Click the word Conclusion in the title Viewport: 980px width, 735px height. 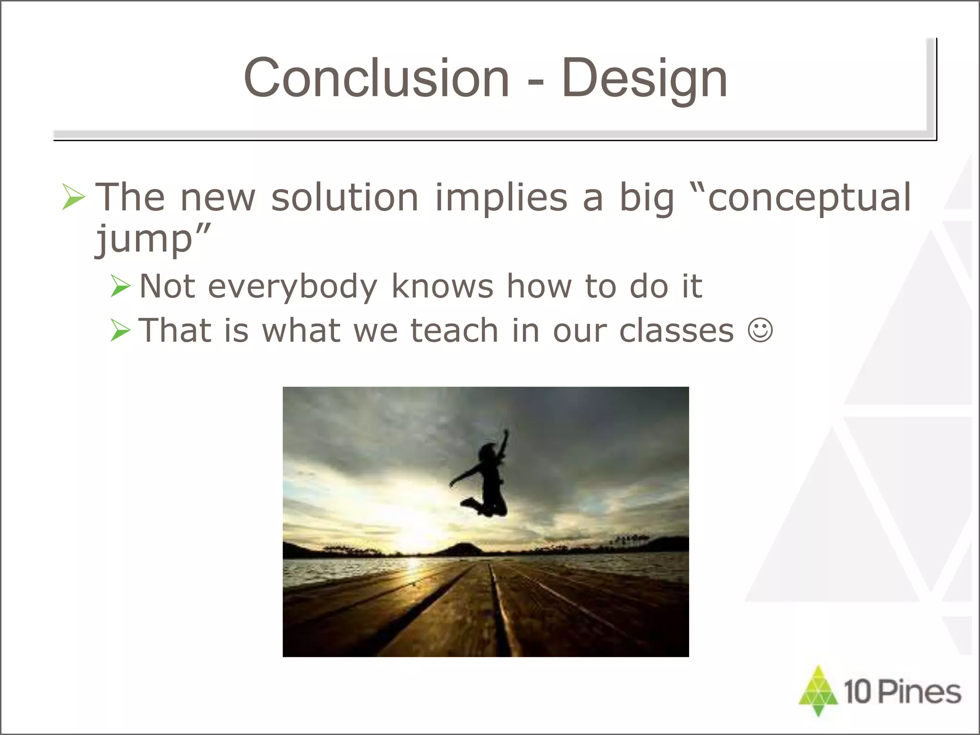[x=376, y=78]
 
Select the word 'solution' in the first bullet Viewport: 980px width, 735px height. [x=345, y=197]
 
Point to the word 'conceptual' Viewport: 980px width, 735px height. [x=809, y=197]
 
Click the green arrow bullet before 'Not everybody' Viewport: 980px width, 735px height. [x=120, y=286]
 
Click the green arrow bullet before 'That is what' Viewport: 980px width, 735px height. [x=120, y=330]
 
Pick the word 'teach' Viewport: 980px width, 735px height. [x=455, y=330]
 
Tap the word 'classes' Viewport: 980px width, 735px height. [x=676, y=330]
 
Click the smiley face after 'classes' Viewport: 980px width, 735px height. [x=760, y=330]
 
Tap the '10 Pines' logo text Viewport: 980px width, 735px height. [x=902, y=692]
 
